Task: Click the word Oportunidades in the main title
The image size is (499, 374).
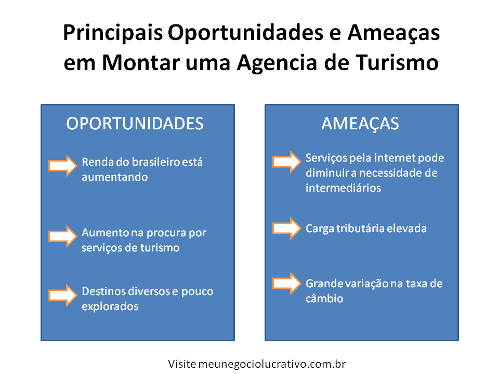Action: coord(245,33)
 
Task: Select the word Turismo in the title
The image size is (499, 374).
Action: coord(397,62)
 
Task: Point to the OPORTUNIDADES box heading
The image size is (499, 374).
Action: coord(135,124)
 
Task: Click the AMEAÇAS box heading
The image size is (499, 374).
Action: coord(360,124)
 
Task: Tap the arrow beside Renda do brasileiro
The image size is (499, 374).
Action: coord(63,166)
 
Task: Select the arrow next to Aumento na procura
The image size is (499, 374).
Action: coord(63,236)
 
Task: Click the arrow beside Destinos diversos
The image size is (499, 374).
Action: coord(63,295)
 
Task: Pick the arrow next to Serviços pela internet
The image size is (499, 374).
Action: coord(287,162)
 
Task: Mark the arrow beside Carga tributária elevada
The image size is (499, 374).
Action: coord(287,228)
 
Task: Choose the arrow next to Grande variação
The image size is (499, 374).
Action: coord(287,283)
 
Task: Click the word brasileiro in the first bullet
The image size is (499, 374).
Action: coord(155,162)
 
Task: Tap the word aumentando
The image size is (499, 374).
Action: coord(114,177)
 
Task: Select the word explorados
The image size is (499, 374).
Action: coord(110,306)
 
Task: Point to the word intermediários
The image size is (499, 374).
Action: coord(343,188)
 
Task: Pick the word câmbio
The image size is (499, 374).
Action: coord(324,299)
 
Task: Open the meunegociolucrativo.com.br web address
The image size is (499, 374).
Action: coord(272,364)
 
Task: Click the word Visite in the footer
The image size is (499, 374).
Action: coord(182,364)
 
